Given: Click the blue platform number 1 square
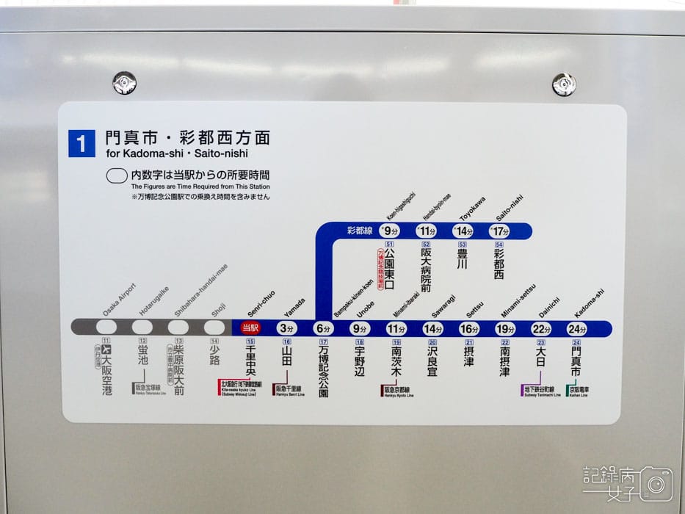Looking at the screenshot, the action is [x=81, y=143].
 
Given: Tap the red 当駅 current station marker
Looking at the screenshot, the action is [x=250, y=328].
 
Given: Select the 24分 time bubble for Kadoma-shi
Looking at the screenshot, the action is [x=576, y=329].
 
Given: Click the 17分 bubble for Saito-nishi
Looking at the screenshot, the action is [x=499, y=231].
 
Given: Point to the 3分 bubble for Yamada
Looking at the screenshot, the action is [x=286, y=329].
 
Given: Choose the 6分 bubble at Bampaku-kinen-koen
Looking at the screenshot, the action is [x=323, y=329].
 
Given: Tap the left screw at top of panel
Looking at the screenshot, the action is [x=124, y=83].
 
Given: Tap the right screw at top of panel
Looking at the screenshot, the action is [x=564, y=84].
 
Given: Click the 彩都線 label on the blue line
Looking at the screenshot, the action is [x=360, y=231].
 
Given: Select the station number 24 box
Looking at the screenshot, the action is [x=576, y=343].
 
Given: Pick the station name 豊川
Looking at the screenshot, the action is [x=462, y=258].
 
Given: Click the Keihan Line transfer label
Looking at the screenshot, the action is [x=577, y=391].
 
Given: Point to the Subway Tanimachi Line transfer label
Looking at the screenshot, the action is [x=540, y=391].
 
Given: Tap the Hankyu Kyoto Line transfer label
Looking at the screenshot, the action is [x=396, y=391].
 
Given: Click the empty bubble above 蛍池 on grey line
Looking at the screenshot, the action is [x=142, y=327].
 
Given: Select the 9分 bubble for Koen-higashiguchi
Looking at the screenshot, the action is [x=389, y=231].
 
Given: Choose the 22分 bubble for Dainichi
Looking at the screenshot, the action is [x=541, y=329].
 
